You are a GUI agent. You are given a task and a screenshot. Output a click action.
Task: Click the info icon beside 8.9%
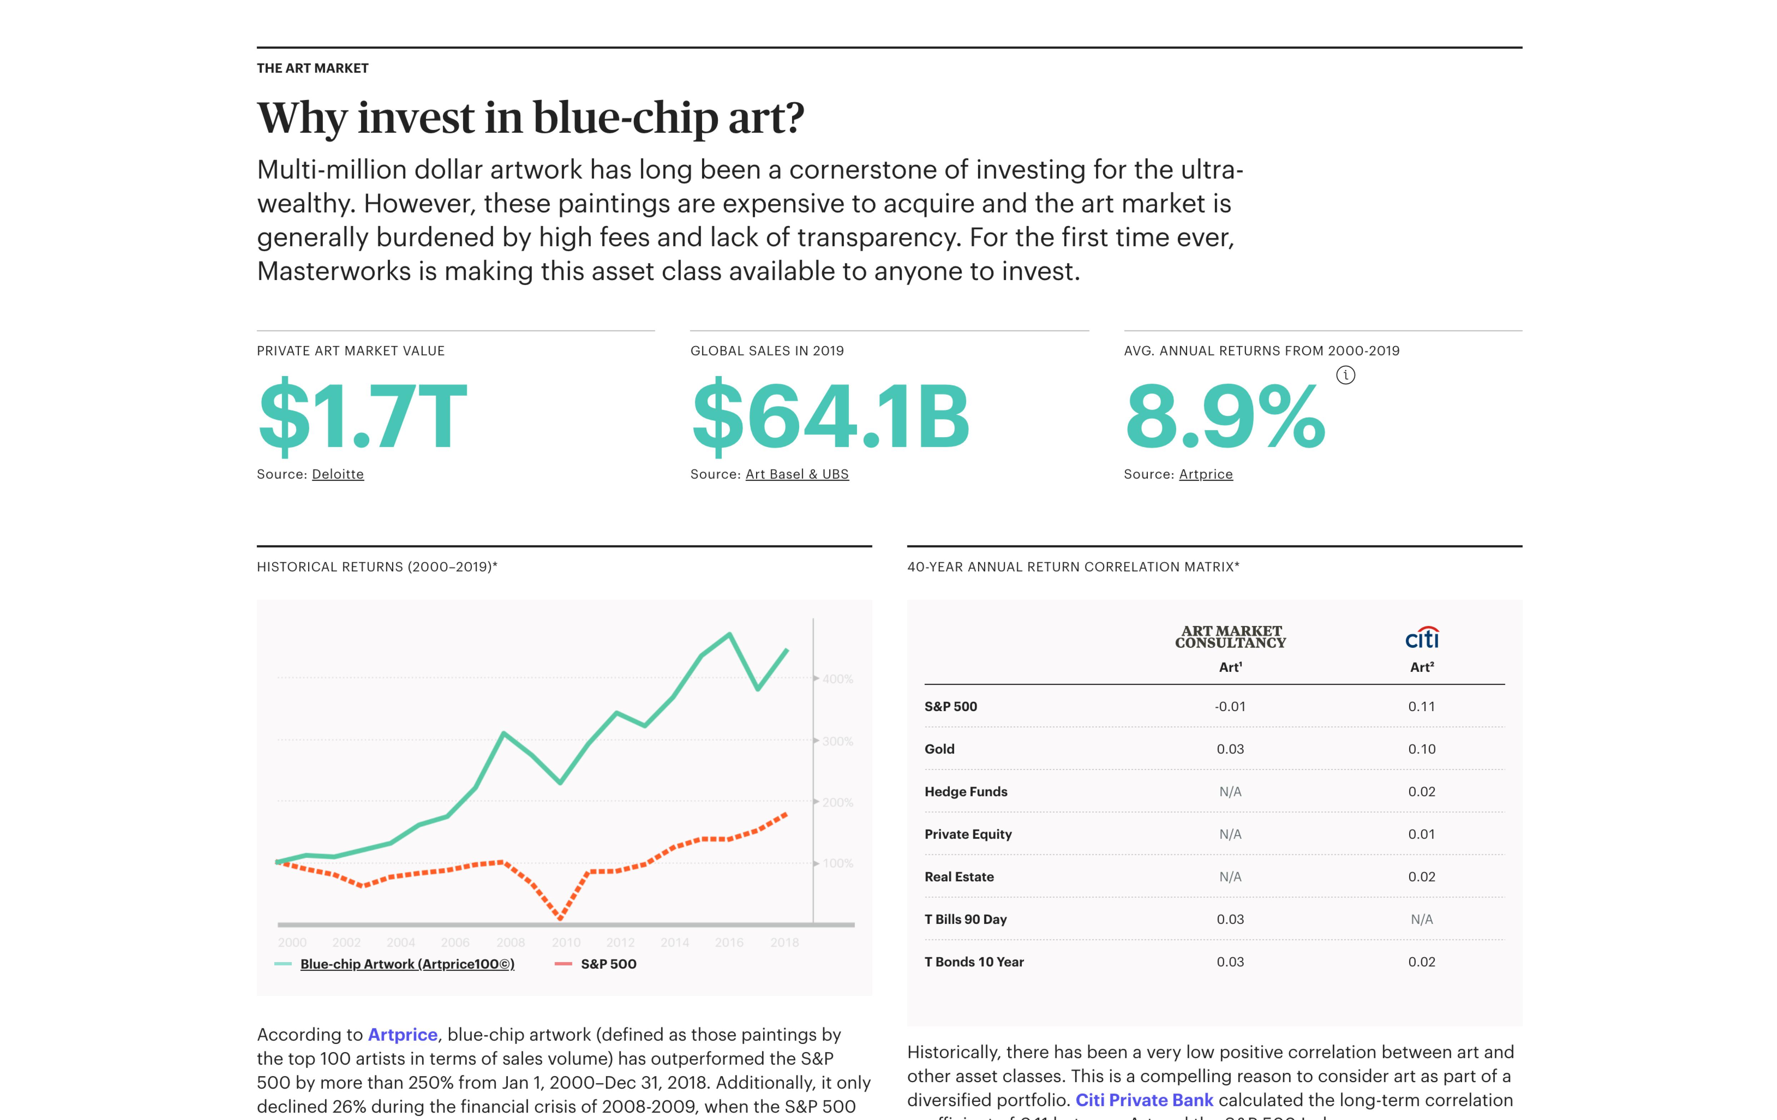click(x=1345, y=376)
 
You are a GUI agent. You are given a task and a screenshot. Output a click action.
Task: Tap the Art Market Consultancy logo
click(x=1230, y=637)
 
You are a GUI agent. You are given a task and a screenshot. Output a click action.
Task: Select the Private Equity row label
click(x=967, y=835)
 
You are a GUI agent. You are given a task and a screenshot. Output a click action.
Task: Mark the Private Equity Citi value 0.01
click(x=1421, y=835)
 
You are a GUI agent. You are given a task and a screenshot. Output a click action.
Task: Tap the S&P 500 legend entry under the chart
click(x=608, y=964)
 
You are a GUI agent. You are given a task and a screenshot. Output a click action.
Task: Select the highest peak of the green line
click(x=730, y=635)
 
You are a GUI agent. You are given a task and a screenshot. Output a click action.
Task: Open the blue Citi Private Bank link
click(x=1144, y=1100)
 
